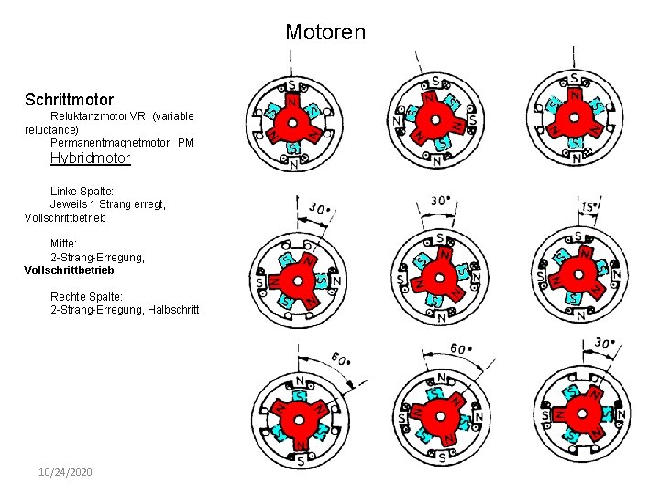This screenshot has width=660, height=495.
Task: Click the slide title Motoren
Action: coord(324,32)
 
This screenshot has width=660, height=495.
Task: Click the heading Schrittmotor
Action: coord(70,98)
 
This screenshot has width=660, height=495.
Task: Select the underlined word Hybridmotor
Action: coord(90,158)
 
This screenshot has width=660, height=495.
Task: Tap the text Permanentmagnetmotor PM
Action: coord(122,143)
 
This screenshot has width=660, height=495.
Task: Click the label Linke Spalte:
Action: coord(82,191)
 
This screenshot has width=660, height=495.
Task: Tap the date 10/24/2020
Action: coord(65,471)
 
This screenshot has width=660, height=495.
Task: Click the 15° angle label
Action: coord(592,206)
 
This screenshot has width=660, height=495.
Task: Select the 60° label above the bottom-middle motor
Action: coord(461,349)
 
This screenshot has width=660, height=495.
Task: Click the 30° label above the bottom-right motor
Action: coord(602,343)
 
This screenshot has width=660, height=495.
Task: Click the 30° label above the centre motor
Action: coord(440,201)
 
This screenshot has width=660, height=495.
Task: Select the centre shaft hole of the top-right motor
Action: coord(575,118)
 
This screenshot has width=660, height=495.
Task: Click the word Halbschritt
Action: coord(173,310)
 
